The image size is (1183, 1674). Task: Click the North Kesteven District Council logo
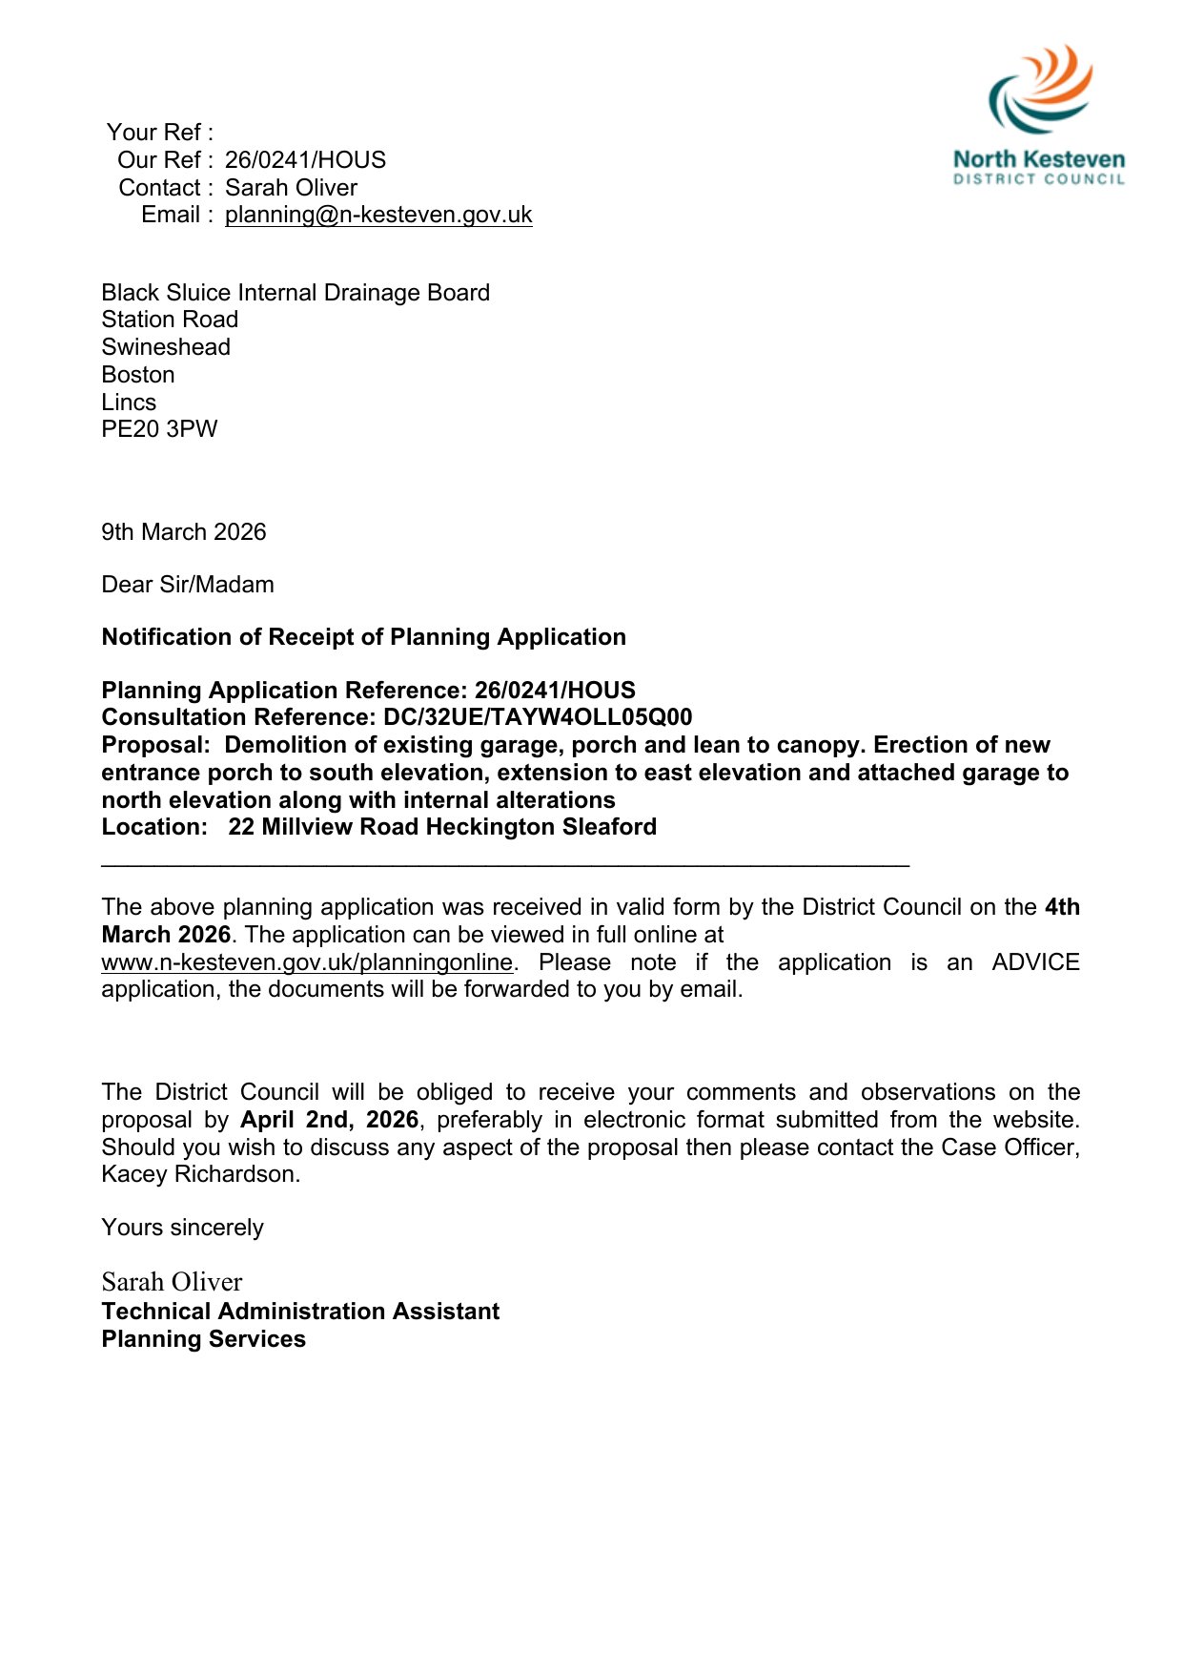(1039, 114)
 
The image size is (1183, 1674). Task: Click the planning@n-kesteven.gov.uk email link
(378, 215)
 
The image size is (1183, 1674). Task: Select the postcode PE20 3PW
(159, 429)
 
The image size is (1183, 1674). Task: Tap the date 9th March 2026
(184, 532)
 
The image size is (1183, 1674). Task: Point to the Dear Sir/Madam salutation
(188, 585)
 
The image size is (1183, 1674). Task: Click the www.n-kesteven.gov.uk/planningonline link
(307, 962)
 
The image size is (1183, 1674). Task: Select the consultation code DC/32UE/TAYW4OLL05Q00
(538, 717)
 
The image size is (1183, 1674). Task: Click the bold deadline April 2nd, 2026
(329, 1120)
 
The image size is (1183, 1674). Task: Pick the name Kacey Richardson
(199, 1174)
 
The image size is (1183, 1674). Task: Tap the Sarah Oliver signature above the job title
(172, 1282)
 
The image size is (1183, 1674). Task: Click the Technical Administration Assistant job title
(300, 1312)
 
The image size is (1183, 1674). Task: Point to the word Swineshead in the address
(166, 347)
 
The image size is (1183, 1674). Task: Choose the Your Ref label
(159, 133)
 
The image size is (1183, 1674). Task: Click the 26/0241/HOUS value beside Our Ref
(305, 160)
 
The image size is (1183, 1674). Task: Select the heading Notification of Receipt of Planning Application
(363, 637)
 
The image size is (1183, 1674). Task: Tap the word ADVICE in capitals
(1035, 962)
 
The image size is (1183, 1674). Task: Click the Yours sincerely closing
(182, 1228)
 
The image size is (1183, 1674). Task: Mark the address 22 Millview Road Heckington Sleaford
(442, 827)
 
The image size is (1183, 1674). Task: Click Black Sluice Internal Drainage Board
(296, 293)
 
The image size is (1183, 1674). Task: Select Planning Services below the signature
(204, 1339)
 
